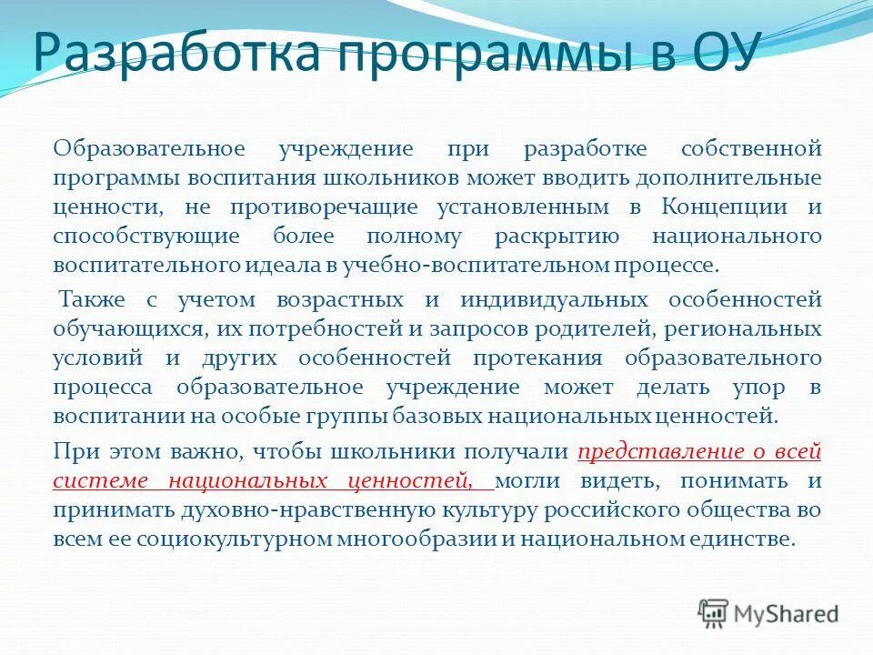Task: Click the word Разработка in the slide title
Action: click(172, 55)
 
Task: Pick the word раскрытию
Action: click(557, 237)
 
